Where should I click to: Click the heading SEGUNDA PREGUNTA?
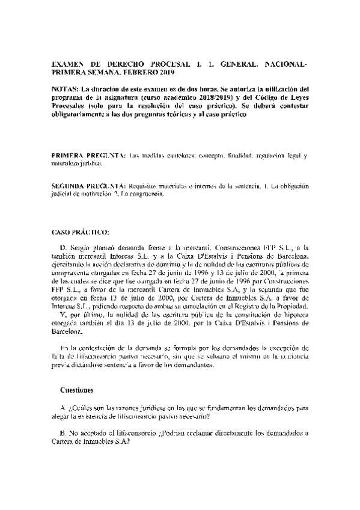click(x=87, y=186)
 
